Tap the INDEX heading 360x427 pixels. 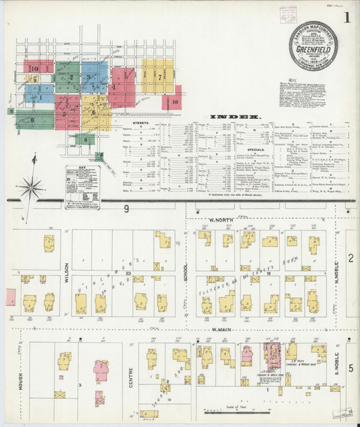click(234, 117)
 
